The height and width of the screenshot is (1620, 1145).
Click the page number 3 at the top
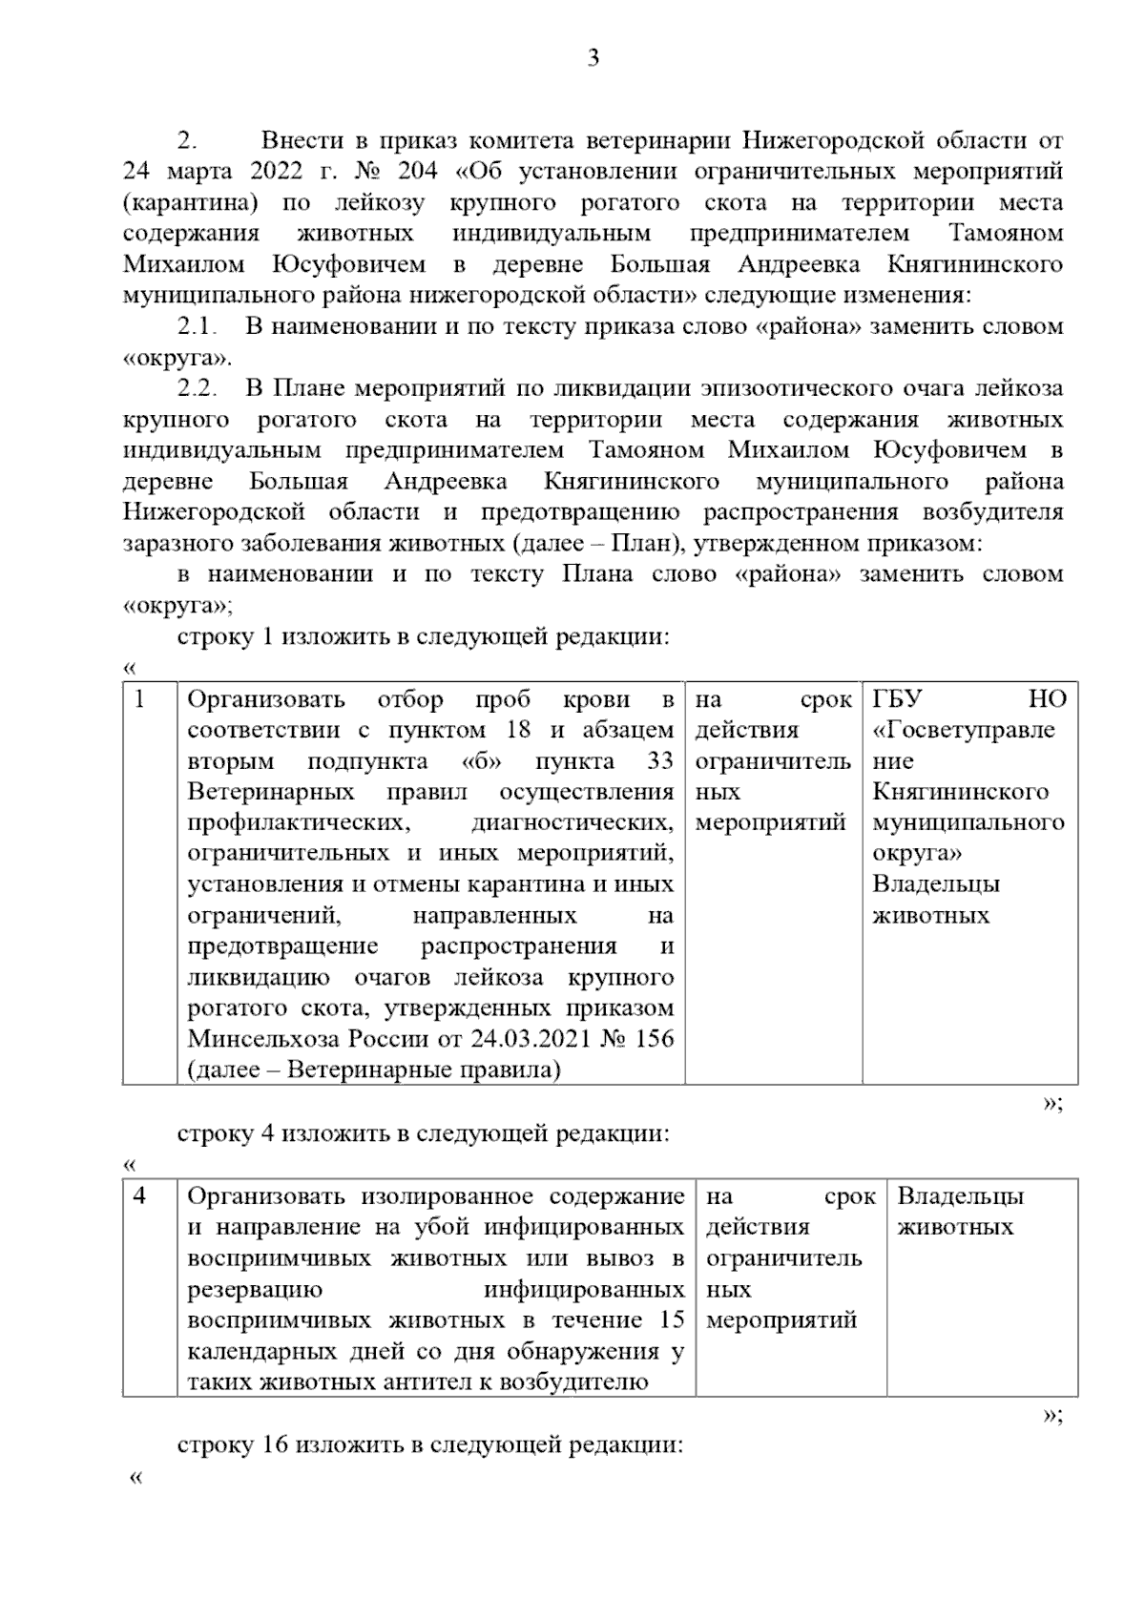[x=593, y=59]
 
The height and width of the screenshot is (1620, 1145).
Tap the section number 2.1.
[x=198, y=327]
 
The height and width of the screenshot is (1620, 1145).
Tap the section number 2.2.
[x=198, y=389]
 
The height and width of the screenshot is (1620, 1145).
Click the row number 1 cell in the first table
[x=140, y=699]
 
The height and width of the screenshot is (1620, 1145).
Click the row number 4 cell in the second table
[x=140, y=1196]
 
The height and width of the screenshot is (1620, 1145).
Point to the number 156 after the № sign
[x=653, y=1038]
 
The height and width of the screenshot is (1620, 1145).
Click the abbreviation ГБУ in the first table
[x=898, y=699]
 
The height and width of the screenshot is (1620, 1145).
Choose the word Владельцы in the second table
[x=961, y=1196]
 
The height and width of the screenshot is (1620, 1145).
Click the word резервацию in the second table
[x=255, y=1290]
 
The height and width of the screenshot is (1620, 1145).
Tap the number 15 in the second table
[x=671, y=1320]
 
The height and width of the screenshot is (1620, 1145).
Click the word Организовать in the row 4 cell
[x=265, y=1196]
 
